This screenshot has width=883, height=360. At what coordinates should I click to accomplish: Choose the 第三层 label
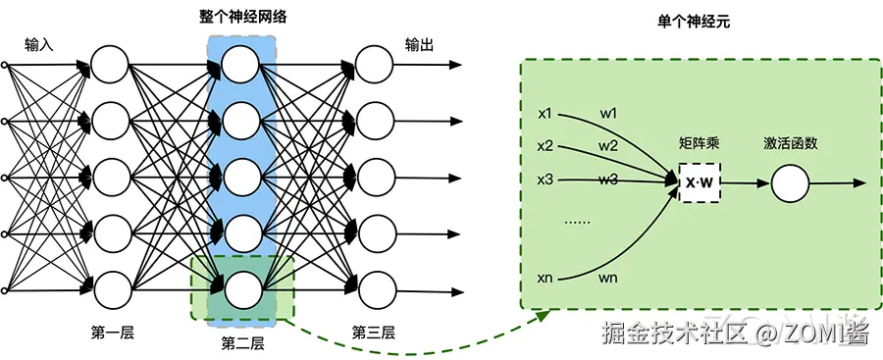click(x=374, y=333)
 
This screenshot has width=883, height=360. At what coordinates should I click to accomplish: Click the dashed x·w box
click(x=699, y=183)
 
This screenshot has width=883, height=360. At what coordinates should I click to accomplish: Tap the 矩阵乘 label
click(x=699, y=143)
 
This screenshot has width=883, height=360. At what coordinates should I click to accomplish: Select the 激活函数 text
click(x=791, y=143)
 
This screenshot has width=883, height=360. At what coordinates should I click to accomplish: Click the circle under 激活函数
click(x=790, y=183)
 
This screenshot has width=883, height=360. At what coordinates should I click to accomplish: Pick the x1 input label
click(x=546, y=113)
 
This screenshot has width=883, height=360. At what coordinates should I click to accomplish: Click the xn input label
click(x=546, y=280)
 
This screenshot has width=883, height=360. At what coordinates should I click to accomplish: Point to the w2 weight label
click(x=608, y=146)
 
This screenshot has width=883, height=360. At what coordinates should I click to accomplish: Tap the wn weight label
click(x=608, y=280)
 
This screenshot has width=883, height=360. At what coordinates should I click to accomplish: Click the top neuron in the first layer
click(x=110, y=66)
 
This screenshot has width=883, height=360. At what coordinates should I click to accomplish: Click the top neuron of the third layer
click(x=374, y=66)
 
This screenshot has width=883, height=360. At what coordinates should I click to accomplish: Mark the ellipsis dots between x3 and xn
click(x=576, y=224)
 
